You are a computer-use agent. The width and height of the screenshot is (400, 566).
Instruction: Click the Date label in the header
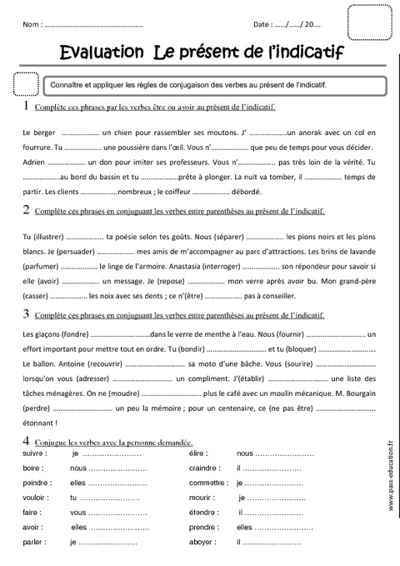pos(262,26)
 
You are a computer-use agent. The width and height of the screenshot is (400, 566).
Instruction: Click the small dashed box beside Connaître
pos(27,85)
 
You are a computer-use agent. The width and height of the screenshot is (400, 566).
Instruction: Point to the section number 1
pos(27,107)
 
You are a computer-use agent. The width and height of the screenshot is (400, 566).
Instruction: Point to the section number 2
pos(27,210)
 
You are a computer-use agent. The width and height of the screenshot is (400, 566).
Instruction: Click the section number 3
pos(27,314)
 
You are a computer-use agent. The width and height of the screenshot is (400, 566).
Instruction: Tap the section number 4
pos(27,439)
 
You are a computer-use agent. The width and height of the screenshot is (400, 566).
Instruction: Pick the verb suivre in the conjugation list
pos(34,453)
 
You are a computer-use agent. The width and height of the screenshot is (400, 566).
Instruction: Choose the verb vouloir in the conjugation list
pos(36,497)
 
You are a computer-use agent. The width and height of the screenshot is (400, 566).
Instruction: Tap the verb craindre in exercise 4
pos(206,468)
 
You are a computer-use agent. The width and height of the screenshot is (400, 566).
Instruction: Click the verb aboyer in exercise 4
pos(203,542)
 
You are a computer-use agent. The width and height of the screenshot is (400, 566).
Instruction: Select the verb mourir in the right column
pos(202,497)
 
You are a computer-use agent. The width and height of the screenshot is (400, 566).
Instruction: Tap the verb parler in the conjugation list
pos(34,542)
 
